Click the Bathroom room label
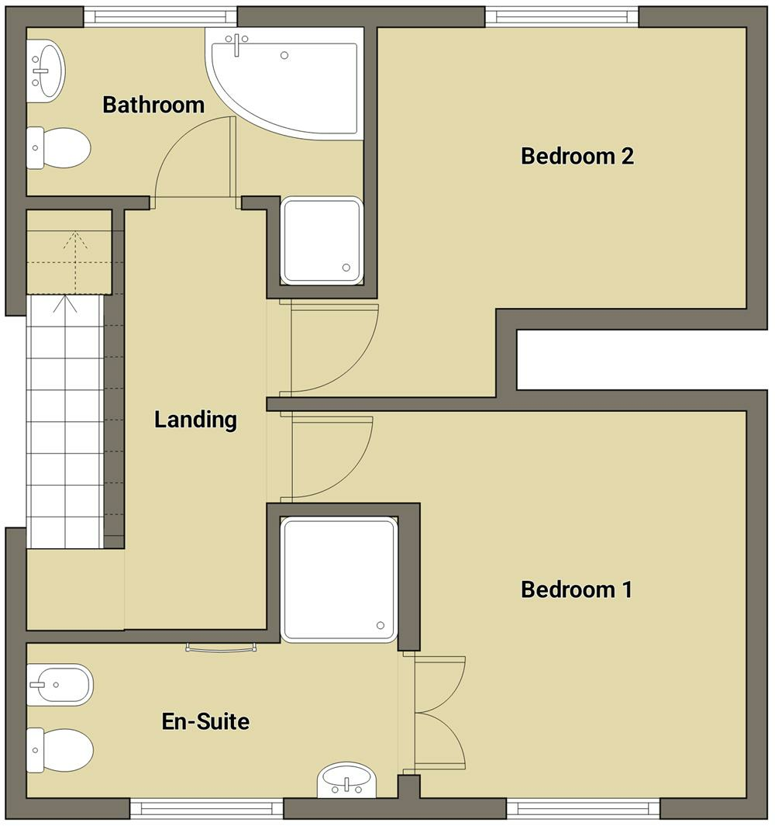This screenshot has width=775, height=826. coord(153,105)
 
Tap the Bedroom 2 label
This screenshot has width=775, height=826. coord(577,156)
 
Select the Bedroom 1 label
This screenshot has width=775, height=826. coord(577,589)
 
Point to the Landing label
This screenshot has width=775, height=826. coord(195,420)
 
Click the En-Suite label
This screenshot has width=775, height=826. coord(205,722)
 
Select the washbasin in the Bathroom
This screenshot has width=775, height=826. coord(46,71)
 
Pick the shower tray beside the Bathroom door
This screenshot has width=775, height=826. coord(322,240)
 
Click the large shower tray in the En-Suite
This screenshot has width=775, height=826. coord(339,580)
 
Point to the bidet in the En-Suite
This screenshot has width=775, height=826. coord(60,684)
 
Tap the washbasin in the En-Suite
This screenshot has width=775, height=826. coord(346,779)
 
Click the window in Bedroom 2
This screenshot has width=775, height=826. coord(563,16)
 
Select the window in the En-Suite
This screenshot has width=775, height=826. coord(206,809)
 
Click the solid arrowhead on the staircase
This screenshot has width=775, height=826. coord(64,303)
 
